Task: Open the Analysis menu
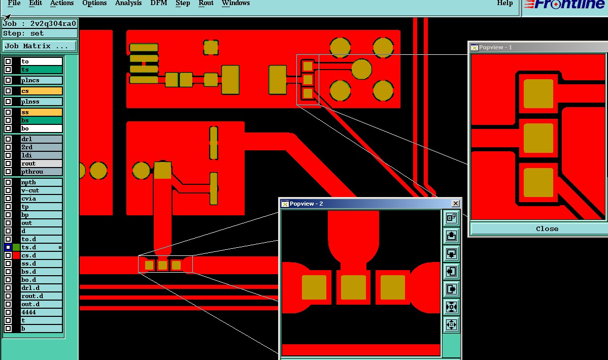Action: (x=128, y=3)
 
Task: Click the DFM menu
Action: (x=158, y=3)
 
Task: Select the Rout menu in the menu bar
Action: (x=206, y=3)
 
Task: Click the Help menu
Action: (x=504, y=3)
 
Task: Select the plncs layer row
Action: (x=41, y=80)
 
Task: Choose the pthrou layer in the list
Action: (x=41, y=172)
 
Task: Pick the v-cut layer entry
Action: (x=41, y=190)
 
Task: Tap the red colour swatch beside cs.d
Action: (x=16, y=255)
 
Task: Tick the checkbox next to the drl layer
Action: (x=8, y=139)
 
